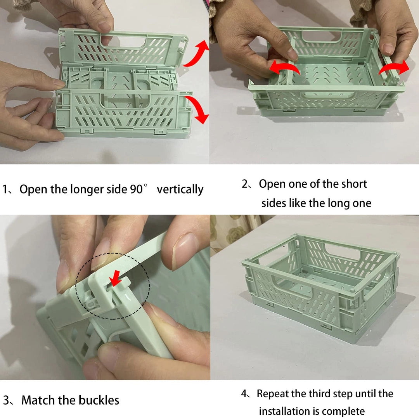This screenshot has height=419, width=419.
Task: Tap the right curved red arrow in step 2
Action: (x=394, y=68)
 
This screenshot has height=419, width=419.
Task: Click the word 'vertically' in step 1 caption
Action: (x=180, y=190)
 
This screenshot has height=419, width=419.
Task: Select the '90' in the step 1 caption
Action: (x=136, y=189)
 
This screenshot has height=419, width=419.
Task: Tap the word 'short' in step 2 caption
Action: (x=353, y=184)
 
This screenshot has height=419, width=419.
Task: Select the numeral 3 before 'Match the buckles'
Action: (x=6, y=400)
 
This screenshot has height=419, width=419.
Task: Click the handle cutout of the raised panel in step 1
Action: (x=123, y=42)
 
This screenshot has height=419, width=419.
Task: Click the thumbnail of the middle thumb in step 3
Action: (x=103, y=254)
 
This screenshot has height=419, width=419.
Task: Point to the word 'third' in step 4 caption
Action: (x=318, y=394)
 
